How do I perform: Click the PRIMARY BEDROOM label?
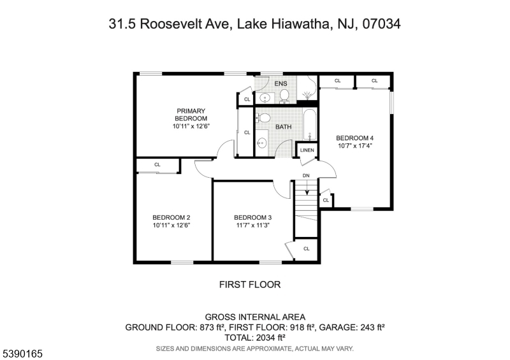tap(191, 115)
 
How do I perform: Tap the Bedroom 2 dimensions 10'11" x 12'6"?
tap(171, 225)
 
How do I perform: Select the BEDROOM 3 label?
tap(252, 217)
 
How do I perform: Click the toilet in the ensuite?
tap(284, 96)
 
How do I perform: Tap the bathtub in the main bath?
tap(310, 125)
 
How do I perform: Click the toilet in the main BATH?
tap(263, 118)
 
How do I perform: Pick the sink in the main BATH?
tap(261, 143)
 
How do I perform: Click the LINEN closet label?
tap(307, 150)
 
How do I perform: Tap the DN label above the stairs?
tap(306, 176)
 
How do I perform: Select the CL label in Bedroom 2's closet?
tap(157, 164)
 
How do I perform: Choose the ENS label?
tap(280, 83)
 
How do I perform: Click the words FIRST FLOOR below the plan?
tap(250, 285)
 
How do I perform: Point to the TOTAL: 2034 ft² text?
tap(255, 338)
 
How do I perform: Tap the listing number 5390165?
tap(22, 354)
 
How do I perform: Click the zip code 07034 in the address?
tap(381, 24)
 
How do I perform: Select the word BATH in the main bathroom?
tap(283, 127)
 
